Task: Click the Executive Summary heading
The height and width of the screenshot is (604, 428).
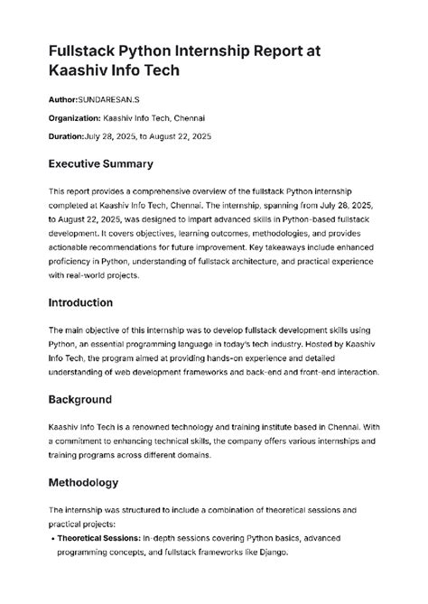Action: click(x=100, y=164)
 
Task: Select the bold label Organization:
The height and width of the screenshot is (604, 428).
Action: click(x=76, y=116)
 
